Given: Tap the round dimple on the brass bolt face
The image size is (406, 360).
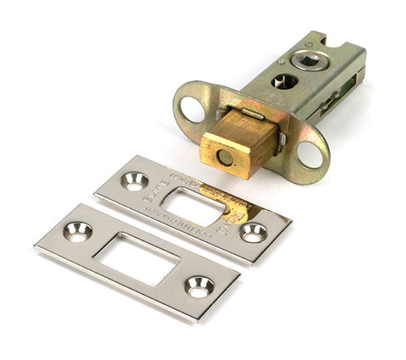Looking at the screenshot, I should (224, 158).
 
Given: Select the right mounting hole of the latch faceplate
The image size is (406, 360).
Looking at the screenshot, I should (310, 155).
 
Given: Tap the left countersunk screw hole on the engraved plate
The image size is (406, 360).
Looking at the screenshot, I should (135, 181).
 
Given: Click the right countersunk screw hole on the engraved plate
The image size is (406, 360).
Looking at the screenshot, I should (252, 232).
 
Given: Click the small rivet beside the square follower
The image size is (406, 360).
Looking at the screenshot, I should (280, 62).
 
